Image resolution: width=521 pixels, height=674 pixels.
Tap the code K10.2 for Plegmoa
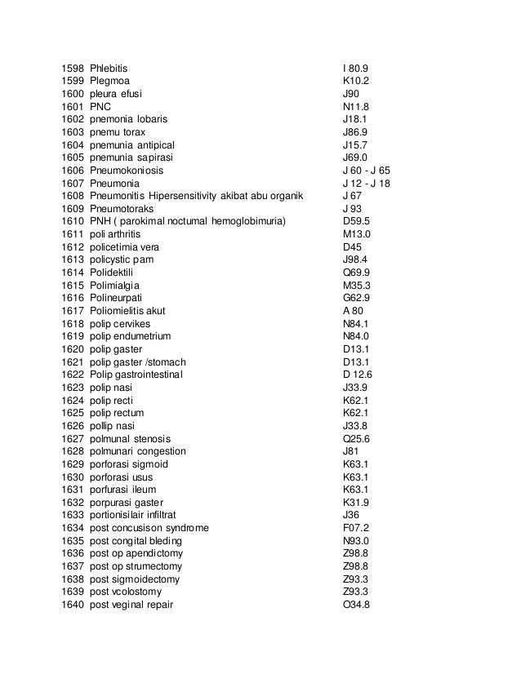(x=356, y=81)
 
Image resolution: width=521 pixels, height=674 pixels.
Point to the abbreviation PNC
(x=100, y=106)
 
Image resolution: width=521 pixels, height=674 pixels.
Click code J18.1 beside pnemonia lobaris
(x=355, y=119)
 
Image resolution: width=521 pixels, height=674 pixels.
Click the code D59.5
(x=357, y=221)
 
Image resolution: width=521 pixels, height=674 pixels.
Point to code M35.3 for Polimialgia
(x=357, y=286)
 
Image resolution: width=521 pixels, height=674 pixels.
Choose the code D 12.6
(x=358, y=375)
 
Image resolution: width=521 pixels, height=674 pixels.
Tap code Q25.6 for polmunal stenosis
(x=357, y=438)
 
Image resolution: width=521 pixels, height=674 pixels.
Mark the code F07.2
(x=356, y=528)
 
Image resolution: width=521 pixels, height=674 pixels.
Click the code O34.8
(x=357, y=605)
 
